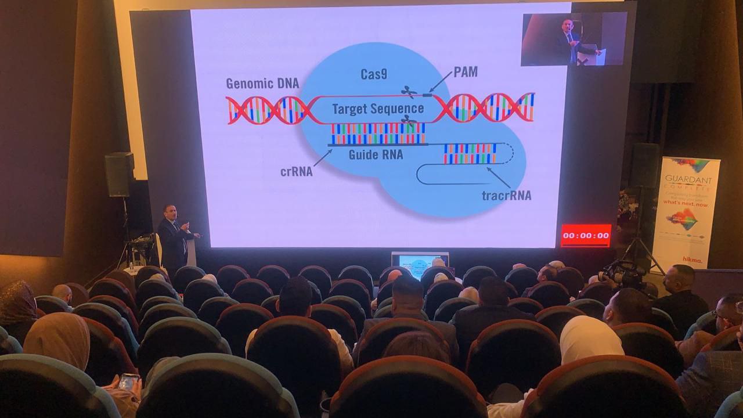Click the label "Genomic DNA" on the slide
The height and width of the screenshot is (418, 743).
click(262, 83)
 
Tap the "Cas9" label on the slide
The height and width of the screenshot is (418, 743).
click(374, 74)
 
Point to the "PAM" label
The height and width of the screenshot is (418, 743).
click(466, 72)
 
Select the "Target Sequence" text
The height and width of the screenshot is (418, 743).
click(377, 109)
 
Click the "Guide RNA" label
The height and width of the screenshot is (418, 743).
click(376, 155)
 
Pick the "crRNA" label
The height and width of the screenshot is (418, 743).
click(297, 171)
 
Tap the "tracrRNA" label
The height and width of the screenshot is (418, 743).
click(506, 195)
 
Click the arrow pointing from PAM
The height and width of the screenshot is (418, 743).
click(440, 82)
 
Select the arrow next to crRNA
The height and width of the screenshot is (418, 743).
click(323, 157)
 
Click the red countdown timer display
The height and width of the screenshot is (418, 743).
click(586, 236)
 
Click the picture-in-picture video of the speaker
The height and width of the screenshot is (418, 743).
click(574, 39)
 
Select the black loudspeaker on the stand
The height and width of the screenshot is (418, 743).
click(119, 174)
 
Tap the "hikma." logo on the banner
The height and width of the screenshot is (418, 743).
click(692, 260)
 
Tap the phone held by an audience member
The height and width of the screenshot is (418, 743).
click(128, 381)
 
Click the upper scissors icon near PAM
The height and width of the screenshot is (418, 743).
click(409, 91)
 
